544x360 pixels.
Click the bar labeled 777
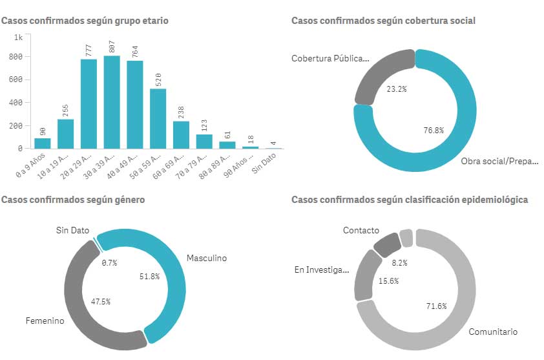[89, 103]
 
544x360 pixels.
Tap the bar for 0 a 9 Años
[42, 143]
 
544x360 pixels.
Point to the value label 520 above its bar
[158, 78]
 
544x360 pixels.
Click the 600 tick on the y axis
[17, 79]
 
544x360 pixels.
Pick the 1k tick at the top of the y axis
[19, 37]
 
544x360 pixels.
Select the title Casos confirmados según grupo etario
[85, 21]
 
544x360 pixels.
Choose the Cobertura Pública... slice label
[330, 59]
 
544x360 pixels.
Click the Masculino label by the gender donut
[207, 258]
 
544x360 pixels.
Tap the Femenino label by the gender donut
[45, 321]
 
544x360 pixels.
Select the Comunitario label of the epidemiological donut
[493, 332]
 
